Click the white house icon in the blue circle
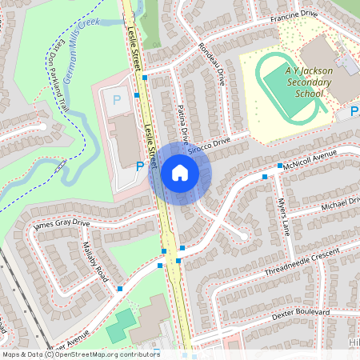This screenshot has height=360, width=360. [179, 173]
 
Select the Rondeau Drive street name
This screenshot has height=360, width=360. [212, 64]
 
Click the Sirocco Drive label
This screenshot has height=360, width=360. [209, 146]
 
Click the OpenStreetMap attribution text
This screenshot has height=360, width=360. [80, 354]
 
